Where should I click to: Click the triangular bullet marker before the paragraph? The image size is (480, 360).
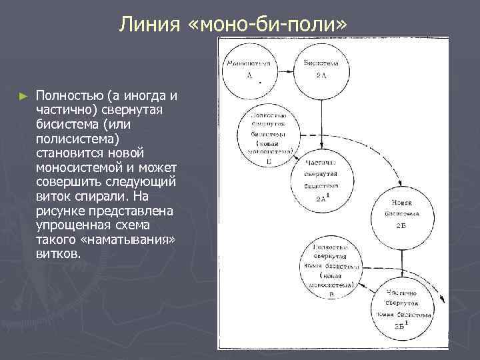click(24, 96)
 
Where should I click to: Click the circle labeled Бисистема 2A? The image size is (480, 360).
click(321, 69)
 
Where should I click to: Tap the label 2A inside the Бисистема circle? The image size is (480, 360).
click(321, 77)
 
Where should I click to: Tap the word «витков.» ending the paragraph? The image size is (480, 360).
click(59, 254)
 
